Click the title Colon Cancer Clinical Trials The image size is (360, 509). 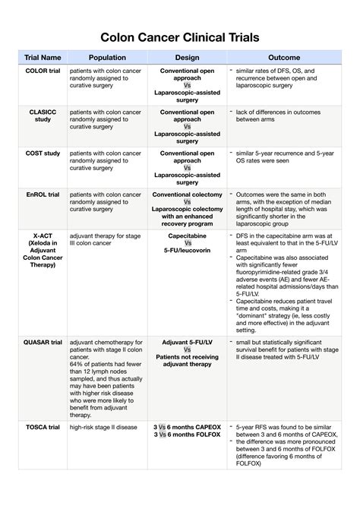(x=180, y=37)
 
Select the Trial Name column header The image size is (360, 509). (x=43, y=58)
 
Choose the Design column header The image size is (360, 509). (x=187, y=58)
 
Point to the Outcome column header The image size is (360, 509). (x=283, y=58)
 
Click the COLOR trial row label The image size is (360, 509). (x=43, y=71)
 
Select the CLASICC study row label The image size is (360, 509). (x=43, y=116)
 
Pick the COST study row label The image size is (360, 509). (x=43, y=153)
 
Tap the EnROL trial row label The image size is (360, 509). (x=43, y=194)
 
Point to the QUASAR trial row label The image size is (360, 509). (x=43, y=343)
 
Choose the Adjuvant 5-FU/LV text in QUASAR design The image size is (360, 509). (x=187, y=343)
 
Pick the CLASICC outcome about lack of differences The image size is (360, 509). (x=283, y=115)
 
